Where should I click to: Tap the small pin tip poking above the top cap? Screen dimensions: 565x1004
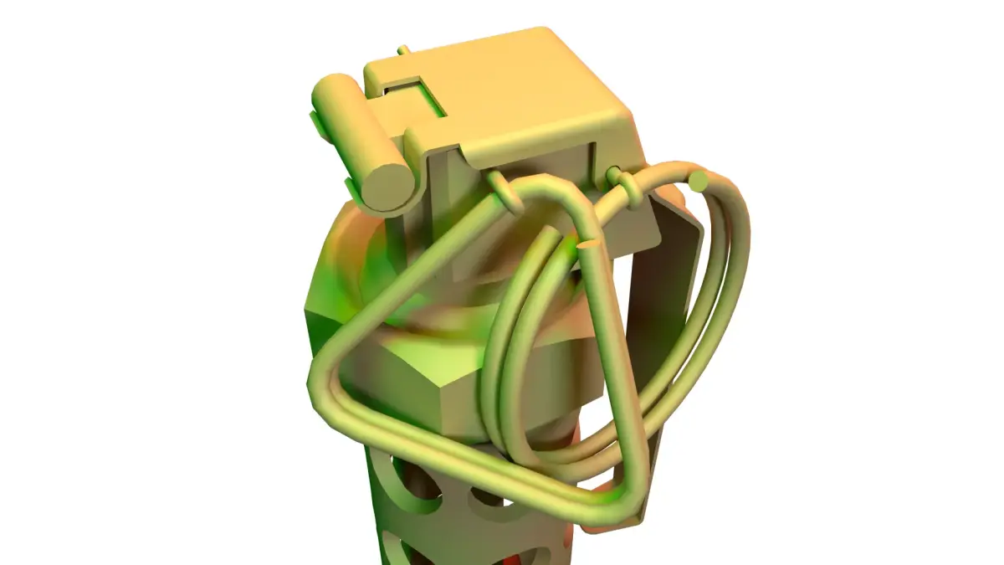coord(403,51)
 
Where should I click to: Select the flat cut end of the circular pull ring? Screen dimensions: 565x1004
coord(700,181)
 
